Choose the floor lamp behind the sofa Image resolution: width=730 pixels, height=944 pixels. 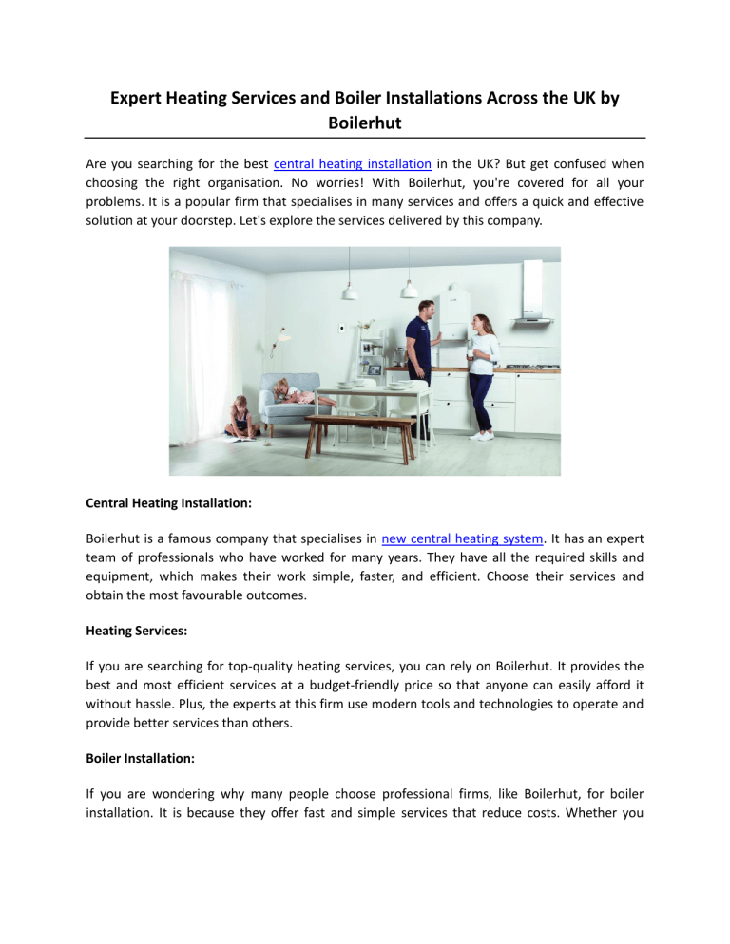pyautogui.click(x=282, y=351)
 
